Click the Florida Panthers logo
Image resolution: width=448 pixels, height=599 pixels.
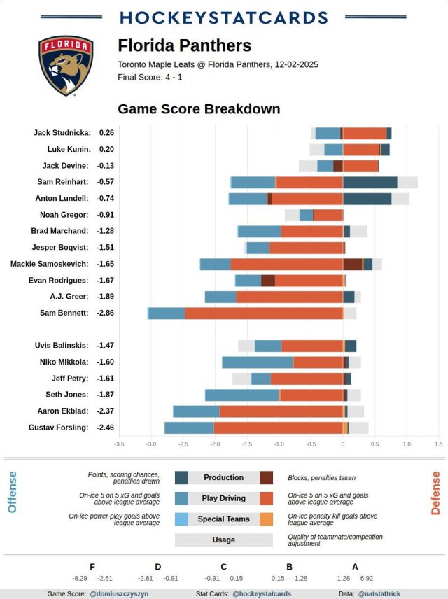point(66,66)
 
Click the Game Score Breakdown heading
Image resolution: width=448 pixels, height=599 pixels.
point(199,109)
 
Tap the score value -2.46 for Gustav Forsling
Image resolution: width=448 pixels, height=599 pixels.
point(106,428)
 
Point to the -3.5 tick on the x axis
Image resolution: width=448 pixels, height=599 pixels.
point(120,444)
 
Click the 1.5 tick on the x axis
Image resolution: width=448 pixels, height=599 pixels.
point(438,444)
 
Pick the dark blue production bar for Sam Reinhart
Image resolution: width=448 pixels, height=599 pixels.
point(370,182)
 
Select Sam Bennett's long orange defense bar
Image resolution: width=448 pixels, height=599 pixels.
point(264,313)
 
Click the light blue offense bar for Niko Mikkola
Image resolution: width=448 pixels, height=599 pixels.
point(257,362)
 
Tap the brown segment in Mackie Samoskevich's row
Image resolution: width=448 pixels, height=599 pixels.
point(353,264)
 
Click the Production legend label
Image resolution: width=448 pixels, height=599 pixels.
point(223,478)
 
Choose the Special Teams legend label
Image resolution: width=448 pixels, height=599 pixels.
point(223,519)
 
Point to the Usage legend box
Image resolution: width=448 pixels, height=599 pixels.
point(223,540)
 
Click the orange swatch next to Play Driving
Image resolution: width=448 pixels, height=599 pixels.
point(266,498)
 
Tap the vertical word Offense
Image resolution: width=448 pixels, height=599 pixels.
point(12,492)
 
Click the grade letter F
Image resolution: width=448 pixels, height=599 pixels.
point(92,567)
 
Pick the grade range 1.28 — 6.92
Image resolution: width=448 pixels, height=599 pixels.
point(355,578)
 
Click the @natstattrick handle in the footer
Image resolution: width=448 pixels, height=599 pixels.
point(379,593)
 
